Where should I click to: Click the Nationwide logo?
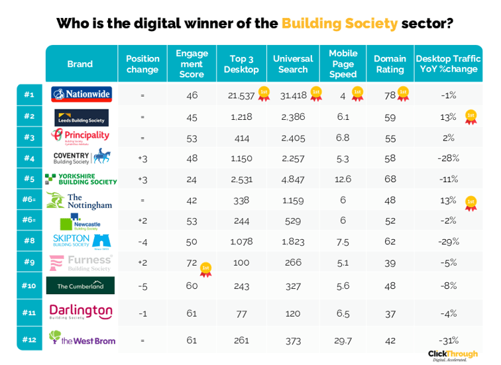tap(81, 95)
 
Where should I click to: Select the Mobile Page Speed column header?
tap(343, 64)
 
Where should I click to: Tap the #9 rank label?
tap(29, 262)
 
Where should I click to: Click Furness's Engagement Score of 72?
tap(192, 262)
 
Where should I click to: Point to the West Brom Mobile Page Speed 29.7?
tap(343, 340)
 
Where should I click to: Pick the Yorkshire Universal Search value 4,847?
tap(292, 178)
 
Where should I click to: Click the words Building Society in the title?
tap(339, 24)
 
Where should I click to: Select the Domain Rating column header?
tap(389, 64)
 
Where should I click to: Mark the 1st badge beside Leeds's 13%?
tap(471, 117)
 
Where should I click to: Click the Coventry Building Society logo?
tap(81, 158)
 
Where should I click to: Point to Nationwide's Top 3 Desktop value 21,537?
tap(241, 95)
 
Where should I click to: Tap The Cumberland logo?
tap(81, 286)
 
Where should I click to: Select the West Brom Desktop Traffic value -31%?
tap(448, 340)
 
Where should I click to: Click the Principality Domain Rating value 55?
tap(390, 138)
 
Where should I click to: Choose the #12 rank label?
tap(29, 340)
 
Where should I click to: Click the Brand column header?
tap(80, 64)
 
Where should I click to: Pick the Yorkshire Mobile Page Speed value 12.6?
tap(343, 178)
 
